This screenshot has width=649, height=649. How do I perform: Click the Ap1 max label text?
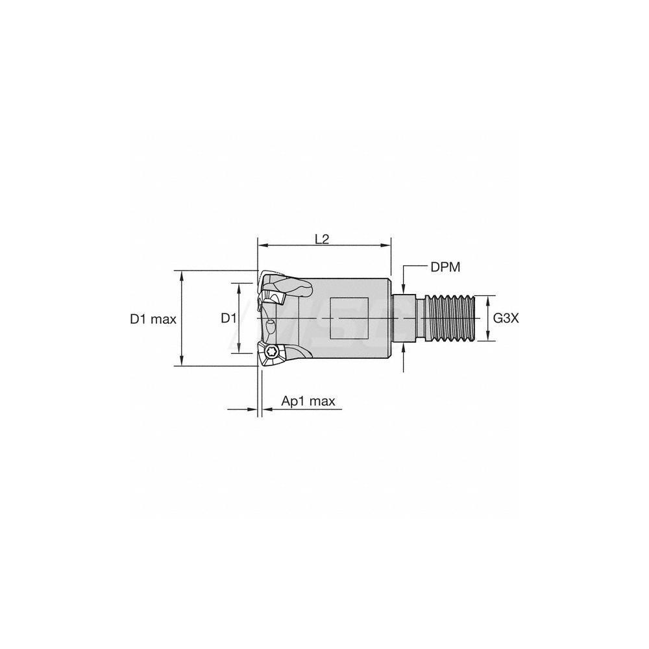[x=308, y=401]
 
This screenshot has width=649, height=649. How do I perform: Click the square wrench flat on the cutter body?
[x=350, y=319]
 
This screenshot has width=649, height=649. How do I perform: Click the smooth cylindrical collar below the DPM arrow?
[x=404, y=318]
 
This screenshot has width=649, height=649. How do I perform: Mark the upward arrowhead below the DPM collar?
[x=404, y=347]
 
